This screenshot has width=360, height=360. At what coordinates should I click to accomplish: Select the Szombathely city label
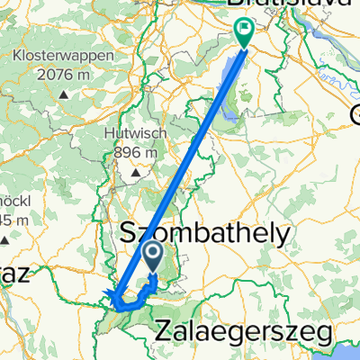tap(205, 235)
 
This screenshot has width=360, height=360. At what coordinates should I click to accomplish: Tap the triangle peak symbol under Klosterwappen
tap(65, 93)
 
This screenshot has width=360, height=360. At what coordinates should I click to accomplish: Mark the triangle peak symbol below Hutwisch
tap(137, 171)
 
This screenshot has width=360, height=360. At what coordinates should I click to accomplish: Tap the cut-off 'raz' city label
tap(14, 277)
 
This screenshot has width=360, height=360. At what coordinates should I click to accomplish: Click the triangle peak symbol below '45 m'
tap(4, 238)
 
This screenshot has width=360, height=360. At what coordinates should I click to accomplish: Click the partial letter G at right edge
tap(354, 114)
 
